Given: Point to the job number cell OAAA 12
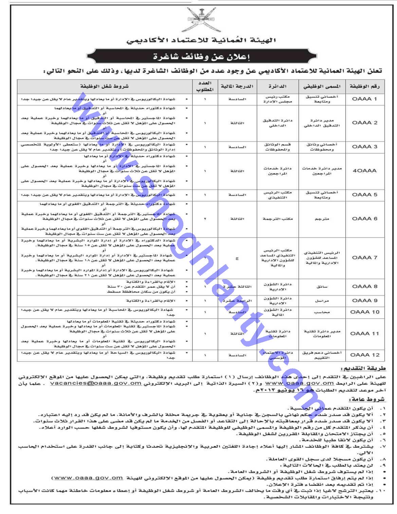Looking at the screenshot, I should pyautogui.click(x=364, y=355).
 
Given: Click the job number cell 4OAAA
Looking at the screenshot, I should pyautogui.click(x=364, y=171).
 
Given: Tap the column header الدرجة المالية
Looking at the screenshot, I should pyautogui.click(x=237, y=86).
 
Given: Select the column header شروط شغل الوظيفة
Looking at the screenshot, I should pyautogui.click(x=104, y=86).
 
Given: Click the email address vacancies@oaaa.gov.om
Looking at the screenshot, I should pyautogui.click(x=96, y=383).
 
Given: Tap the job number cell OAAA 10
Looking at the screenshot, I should pyautogui.click(x=364, y=312).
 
